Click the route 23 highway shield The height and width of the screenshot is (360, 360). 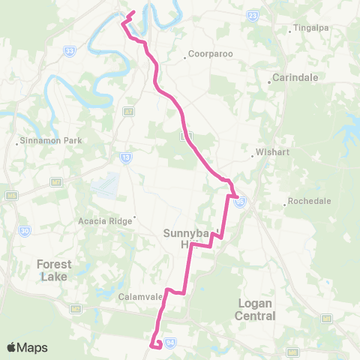[x=253, y=15]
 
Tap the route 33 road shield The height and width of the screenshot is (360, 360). [x=70, y=51]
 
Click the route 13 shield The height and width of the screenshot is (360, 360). [x=126, y=157]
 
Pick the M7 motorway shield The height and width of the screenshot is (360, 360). [x=56, y=181]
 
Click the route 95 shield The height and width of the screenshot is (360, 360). [x=240, y=201]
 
